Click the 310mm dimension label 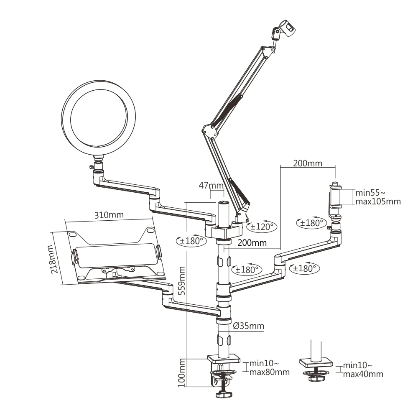coord(109,215)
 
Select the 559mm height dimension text coord(181,280)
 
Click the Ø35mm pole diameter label coord(248,326)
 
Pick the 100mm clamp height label coord(181,373)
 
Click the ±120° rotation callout coord(262,227)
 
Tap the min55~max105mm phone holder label coord(378,197)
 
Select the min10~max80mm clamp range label coord(269,367)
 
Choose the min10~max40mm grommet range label coord(363,370)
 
